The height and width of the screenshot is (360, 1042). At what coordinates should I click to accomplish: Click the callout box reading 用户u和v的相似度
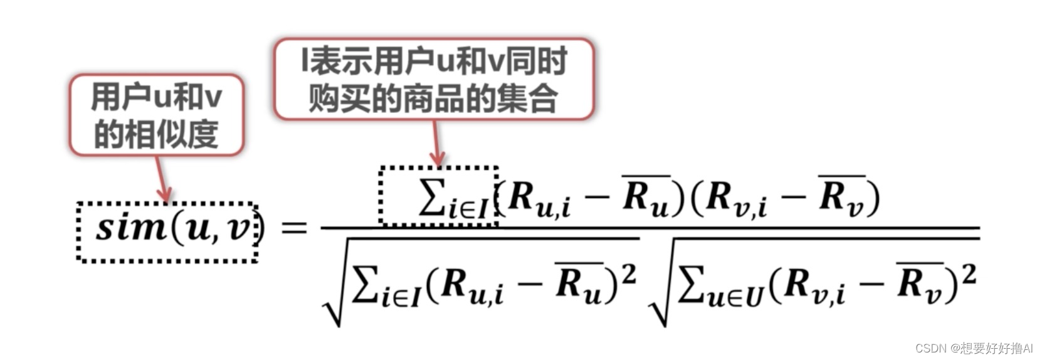point(156,115)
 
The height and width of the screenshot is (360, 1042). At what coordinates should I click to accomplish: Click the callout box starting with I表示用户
point(433,79)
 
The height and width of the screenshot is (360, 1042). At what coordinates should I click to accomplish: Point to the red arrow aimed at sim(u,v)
point(162,179)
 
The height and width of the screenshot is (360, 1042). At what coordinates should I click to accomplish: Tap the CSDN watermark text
point(973,348)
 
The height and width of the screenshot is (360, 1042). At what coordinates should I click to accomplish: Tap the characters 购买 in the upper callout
point(339,98)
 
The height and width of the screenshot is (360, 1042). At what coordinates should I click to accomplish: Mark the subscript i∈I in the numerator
point(468,209)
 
